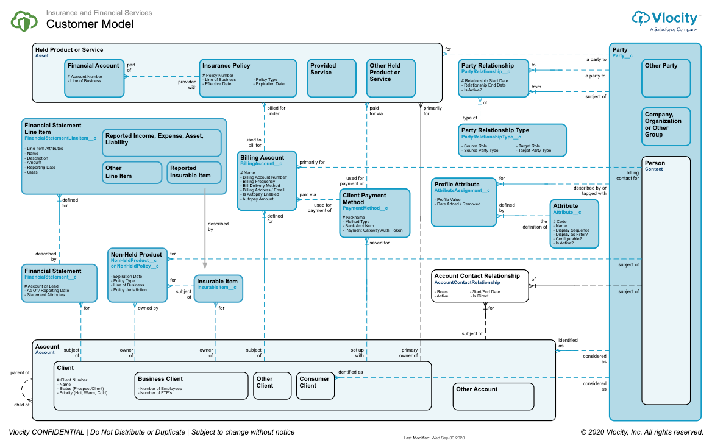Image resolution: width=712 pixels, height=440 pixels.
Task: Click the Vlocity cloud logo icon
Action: coord(641,18)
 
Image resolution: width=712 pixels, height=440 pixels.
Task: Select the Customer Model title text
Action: coord(90,24)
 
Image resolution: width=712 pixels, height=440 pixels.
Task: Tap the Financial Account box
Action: coord(94,77)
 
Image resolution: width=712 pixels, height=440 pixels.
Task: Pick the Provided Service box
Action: coord(330,77)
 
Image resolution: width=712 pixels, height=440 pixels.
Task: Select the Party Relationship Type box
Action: coord(512,140)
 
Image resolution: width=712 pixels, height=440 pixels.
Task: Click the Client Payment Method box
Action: coord(375,213)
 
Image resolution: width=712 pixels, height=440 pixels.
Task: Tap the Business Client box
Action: coord(191,385)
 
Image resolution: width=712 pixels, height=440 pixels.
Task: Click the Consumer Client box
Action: coord(315,385)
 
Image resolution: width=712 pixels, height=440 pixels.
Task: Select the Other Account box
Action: coord(493,396)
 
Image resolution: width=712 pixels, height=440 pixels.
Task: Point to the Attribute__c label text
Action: coord(567,213)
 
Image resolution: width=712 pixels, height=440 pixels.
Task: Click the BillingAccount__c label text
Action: coord(261,164)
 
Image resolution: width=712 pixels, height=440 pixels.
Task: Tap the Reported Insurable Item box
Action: coord(194,172)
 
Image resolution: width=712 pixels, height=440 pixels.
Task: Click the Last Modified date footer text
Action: coord(434,437)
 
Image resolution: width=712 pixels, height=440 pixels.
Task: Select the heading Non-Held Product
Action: coord(137,254)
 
